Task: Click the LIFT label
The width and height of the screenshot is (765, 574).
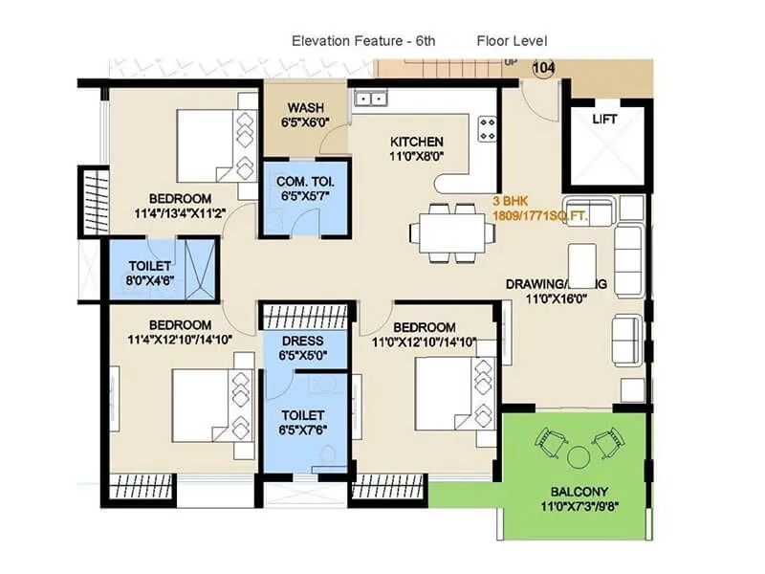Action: click(x=604, y=120)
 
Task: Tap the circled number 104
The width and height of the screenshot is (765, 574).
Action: click(x=543, y=68)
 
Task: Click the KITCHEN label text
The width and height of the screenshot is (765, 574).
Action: click(x=415, y=142)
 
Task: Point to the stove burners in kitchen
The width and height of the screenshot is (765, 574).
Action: click(x=488, y=128)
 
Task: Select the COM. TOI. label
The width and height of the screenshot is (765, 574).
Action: click(x=304, y=181)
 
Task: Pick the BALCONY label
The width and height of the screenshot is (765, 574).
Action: click(x=578, y=494)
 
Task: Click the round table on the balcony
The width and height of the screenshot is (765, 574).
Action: click(x=578, y=456)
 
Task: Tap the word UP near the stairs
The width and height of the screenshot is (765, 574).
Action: click(x=511, y=63)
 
